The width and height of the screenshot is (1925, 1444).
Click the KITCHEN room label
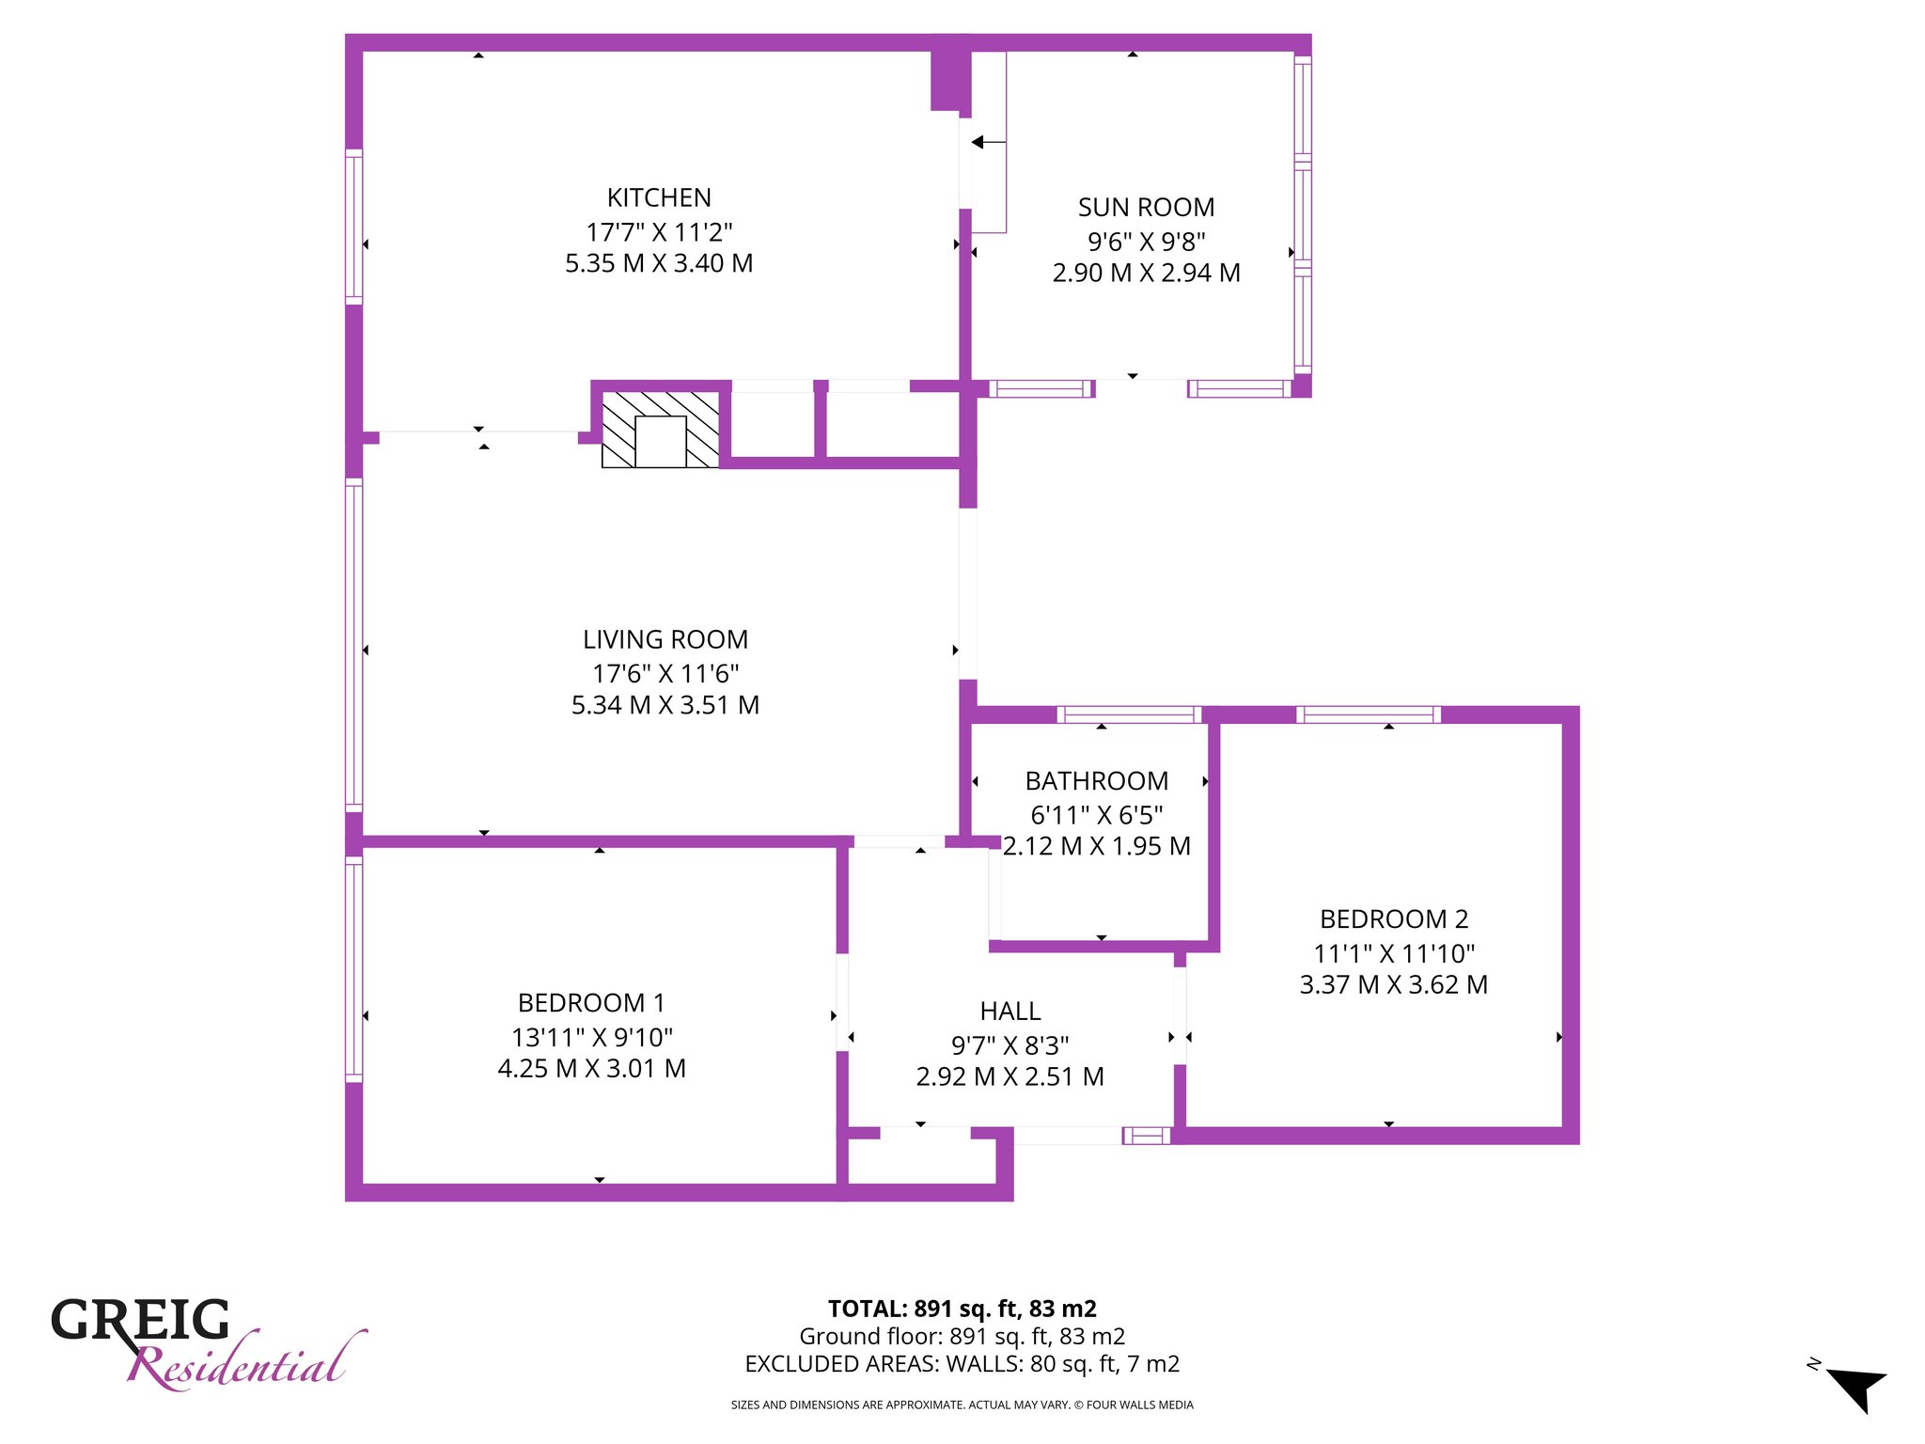tap(659, 197)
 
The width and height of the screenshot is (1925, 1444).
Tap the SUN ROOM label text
tap(1146, 207)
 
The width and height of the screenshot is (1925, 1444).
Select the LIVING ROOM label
tap(665, 639)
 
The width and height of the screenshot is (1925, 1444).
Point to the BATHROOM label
tap(1097, 780)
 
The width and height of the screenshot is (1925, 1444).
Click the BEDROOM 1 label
tap(591, 1002)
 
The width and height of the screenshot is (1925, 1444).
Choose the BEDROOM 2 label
tap(1394, 918)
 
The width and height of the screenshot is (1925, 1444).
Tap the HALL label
tap(1010, 1011)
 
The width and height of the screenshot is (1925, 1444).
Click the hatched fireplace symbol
tap(661, 430)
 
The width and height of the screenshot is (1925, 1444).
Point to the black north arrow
tap(1856, 1389)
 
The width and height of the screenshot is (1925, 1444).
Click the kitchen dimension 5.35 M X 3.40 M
tap(659, 263)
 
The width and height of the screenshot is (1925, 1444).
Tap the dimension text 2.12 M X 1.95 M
tap(1097, 846)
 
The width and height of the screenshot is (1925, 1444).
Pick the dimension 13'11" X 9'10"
tap(592, 1037)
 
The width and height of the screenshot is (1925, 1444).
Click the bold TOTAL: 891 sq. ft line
tap(962, 1309)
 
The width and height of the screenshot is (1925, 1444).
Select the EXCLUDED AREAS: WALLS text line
tap(962, 1363)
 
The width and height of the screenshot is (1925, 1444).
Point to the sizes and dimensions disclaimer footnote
tap(962, 1405)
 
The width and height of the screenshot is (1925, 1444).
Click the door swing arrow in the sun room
tap(989, 142)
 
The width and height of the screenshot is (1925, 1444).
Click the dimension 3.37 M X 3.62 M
tap(1394, 984)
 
